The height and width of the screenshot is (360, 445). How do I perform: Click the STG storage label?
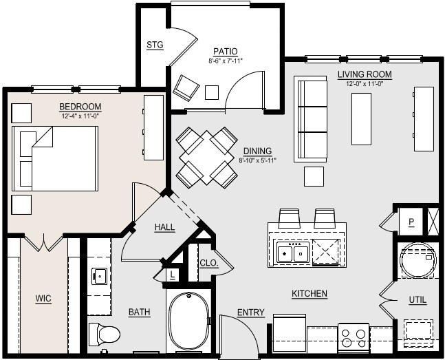155,45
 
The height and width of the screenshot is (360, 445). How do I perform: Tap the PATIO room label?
225,51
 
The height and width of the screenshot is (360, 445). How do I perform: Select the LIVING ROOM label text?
365,74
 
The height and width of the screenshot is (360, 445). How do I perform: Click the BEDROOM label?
80,107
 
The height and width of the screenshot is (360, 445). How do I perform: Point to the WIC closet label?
43,299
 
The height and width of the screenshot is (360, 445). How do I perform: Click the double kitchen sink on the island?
292,253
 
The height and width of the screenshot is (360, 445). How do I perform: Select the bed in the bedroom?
55,158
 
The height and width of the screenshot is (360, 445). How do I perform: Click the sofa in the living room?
311,118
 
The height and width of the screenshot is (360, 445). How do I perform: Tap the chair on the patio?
186,87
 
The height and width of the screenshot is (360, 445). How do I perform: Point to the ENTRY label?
250,313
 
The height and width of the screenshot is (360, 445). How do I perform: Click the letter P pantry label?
411,222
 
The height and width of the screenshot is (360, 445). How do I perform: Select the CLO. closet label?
208,263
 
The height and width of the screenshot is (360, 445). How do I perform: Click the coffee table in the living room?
361,118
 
